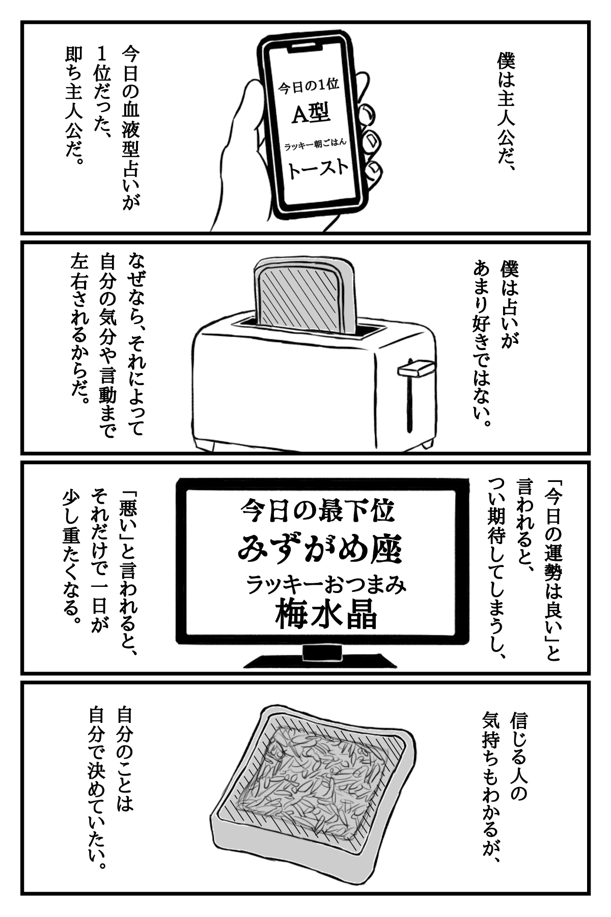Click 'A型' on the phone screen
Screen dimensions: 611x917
[x=311, y=113]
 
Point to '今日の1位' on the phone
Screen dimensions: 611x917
[x=308, y=87]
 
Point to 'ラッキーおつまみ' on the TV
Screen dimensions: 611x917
[x=326, y=584]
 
